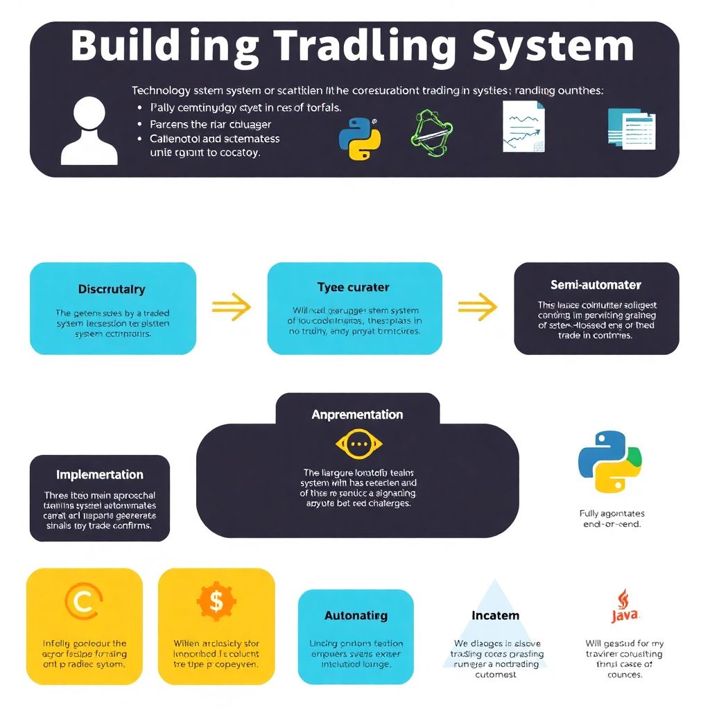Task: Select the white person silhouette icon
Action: (x=89, y=130)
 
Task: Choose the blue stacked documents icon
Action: (x=631, y=128)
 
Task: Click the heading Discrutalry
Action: (x=112, y=288)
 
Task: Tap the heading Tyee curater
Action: (x=353, y=287)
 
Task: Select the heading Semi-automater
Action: (x=596, y=285)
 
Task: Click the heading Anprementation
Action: (x=357, y=415)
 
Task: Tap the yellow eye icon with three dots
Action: (x=358, y=444)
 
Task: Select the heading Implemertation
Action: (x=99, y=475)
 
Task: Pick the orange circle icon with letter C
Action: (x=84, y=601)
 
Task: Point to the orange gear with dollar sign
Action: (x=216, y=600)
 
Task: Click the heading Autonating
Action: (x=356, y=616)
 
